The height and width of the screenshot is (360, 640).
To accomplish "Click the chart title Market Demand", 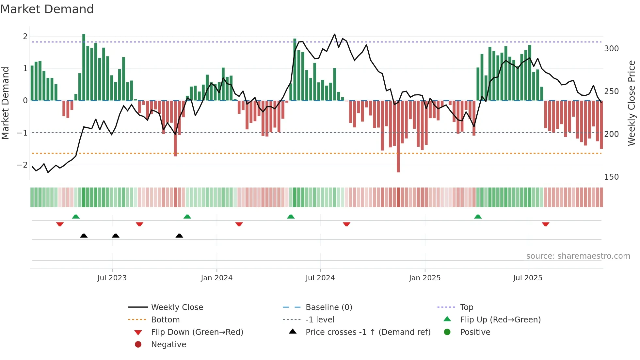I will tap(47, 9).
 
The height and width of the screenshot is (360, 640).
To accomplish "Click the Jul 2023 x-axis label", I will tap(112, 278).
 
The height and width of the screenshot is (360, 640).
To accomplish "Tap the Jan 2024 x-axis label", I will tap(216, 278).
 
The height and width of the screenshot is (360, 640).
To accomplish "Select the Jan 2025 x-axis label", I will tap(424, 278).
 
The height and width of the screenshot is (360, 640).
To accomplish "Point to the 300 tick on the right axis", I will tap(611, 49).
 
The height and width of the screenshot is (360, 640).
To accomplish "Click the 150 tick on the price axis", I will tap(611, 177).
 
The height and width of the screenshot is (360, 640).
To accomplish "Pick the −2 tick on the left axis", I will tap(22, 165).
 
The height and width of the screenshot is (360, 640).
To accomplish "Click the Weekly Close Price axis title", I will tap(632, 103).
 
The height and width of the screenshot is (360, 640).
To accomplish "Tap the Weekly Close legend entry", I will tap(177, 307).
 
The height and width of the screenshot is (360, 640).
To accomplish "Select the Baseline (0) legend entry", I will tap(328, 307).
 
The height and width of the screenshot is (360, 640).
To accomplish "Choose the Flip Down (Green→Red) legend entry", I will tap(197, 332).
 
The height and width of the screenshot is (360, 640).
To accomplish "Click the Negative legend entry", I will tap(168, 345).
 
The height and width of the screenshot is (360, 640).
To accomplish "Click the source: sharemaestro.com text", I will tap(578, 256).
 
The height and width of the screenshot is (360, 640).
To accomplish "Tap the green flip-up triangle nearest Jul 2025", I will tap(478, 217).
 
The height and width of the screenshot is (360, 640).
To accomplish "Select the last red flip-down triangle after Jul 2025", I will tap(546, 224).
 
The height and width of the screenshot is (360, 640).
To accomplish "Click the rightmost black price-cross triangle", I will tap(179, 236).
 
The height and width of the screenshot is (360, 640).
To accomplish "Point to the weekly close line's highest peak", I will tap(334, 34).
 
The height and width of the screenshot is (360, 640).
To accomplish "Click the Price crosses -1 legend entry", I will tap(368, 332).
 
